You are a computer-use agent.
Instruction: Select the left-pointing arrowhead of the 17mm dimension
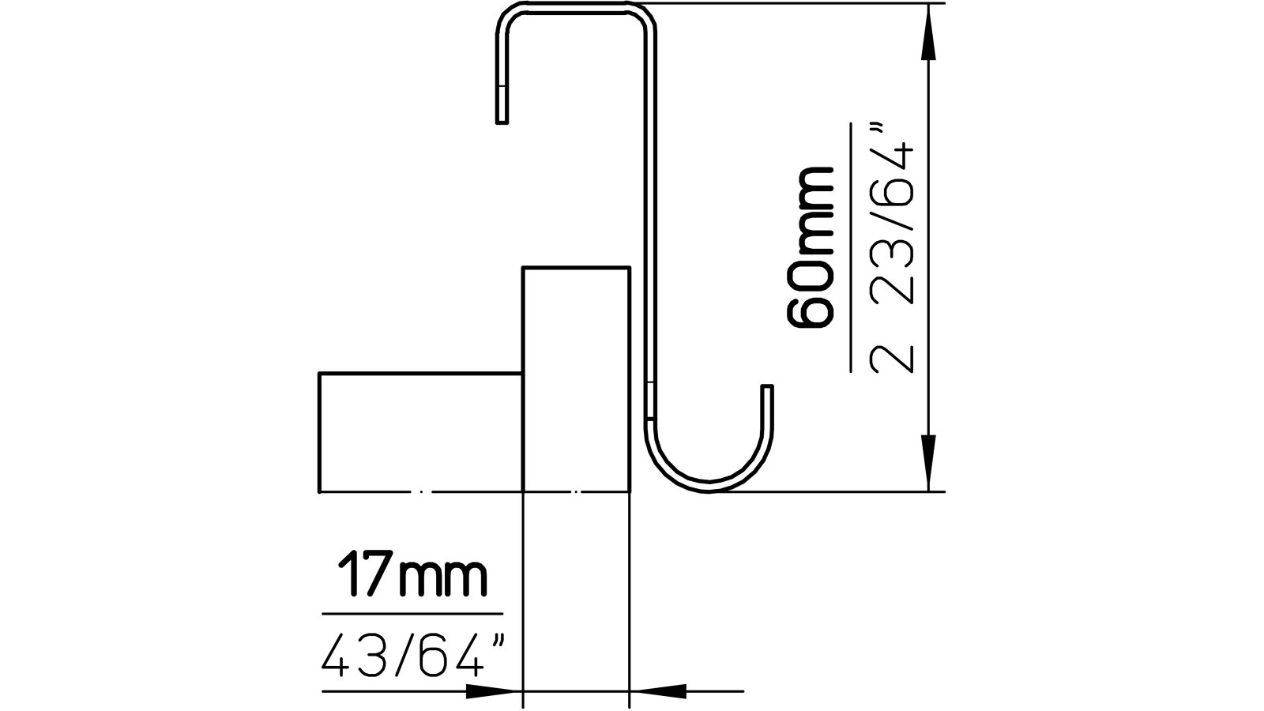click(x=660, y=691)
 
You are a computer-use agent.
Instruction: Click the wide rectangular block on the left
click(x=419, y=432)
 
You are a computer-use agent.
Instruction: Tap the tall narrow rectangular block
click(x=576, y=379)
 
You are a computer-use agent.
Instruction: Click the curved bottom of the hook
click(x=708, y=484)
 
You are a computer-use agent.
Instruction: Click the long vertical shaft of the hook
click(x=649, y=221)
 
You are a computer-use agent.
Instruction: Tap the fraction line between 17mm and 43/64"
click(x=412, y=613)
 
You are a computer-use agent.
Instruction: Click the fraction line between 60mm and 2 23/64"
click(x=851, y=246)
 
